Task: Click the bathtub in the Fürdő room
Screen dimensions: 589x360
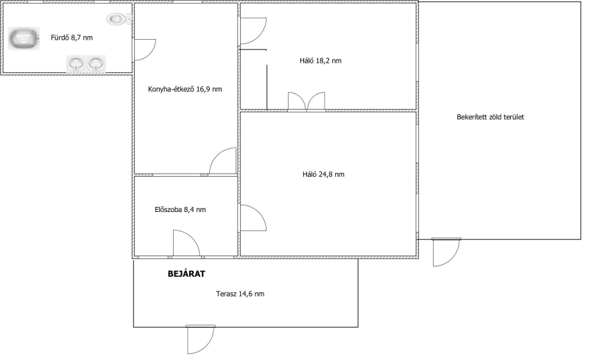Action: (24, 38)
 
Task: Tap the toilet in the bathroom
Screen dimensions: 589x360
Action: (119, 19)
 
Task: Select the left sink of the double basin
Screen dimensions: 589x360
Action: (76, 63)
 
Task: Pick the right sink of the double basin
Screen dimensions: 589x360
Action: (96, 63)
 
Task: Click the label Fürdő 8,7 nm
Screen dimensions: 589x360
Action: (71, 38)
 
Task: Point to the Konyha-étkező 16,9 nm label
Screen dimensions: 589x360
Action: (185, 89)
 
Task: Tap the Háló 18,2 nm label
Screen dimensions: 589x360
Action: (320, 61)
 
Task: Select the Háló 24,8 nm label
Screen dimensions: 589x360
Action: (323, 174)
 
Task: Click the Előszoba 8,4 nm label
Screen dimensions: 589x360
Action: (180, 210)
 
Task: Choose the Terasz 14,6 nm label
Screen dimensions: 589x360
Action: (240, 294)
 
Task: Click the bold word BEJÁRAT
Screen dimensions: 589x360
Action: (186, 274)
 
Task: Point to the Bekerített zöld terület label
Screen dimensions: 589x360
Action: (490, 117)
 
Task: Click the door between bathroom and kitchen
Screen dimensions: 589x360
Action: (144, 49)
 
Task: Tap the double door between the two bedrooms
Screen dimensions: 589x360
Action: (306, 102)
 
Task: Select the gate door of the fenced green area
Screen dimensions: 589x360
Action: (446, 252)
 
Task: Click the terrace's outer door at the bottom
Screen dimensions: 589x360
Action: (200, 339)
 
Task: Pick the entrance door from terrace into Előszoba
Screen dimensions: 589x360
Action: (186, 244)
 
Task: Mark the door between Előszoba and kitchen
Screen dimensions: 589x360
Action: (223, 160)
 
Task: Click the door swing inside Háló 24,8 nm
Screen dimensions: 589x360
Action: (253, 218)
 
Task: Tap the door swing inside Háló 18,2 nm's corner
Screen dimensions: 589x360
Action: (253, 31)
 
